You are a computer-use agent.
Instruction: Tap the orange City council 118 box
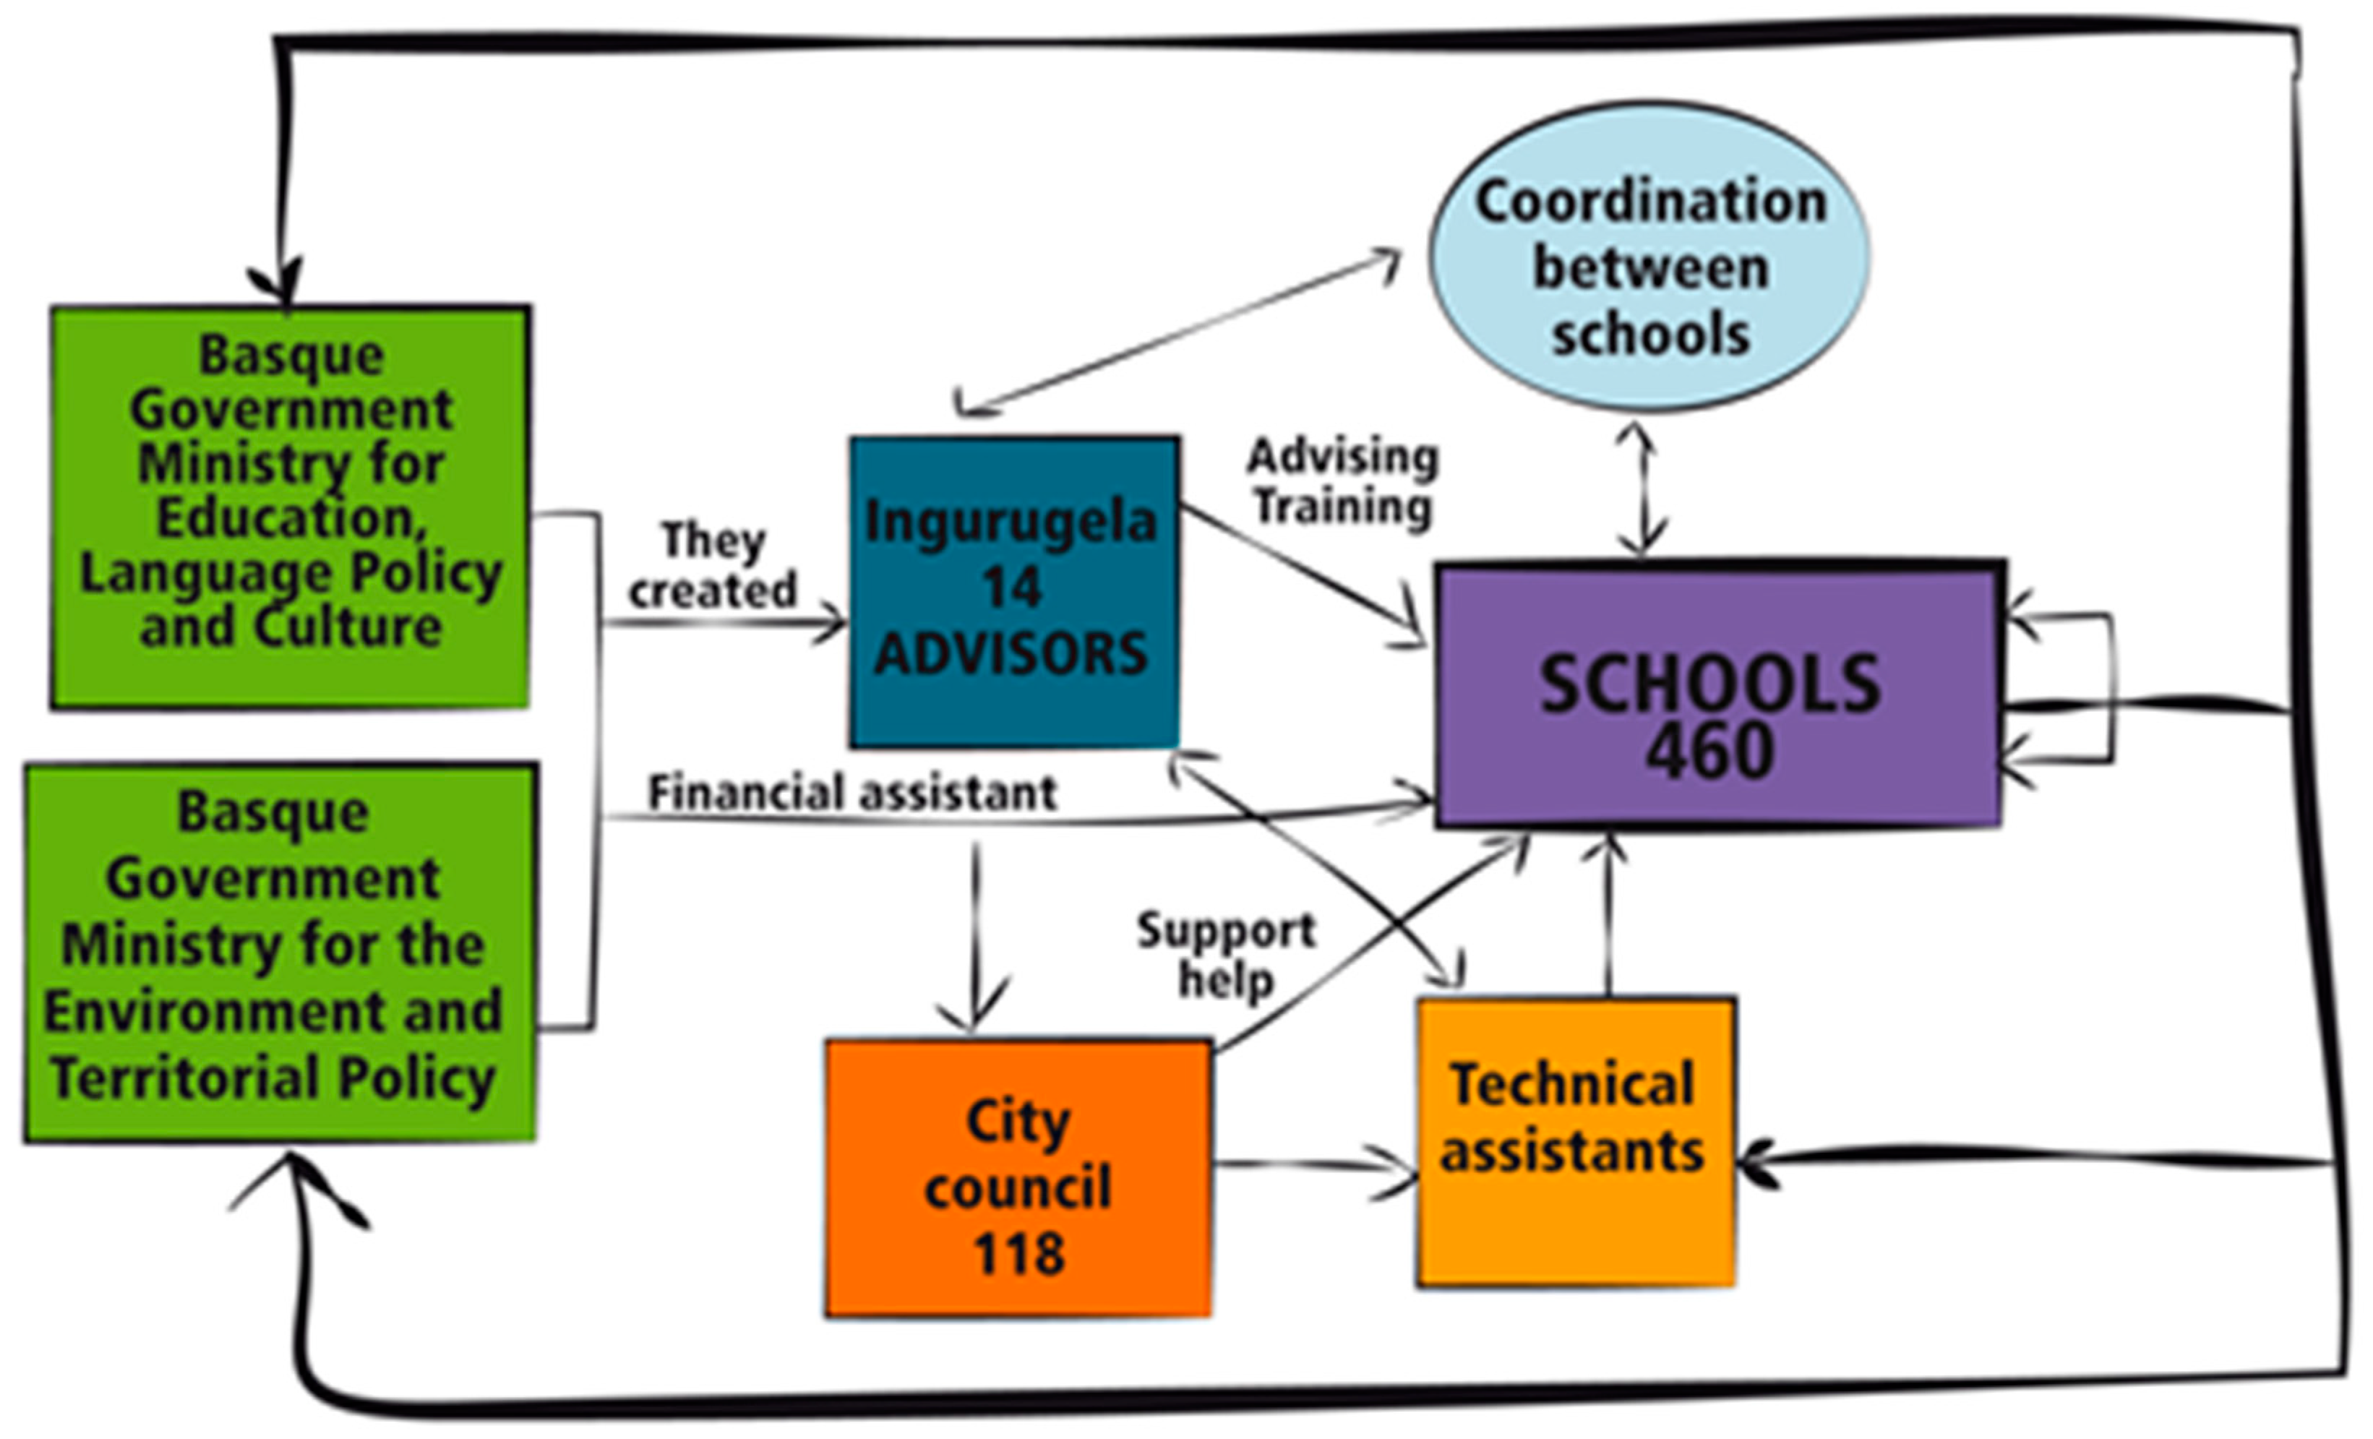click(1018, 1177)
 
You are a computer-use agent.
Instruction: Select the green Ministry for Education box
click(290, 507)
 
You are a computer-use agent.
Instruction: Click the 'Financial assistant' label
click(852, 794)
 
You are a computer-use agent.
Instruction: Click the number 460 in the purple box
click(1709, 751)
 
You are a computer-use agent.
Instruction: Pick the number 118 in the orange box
click(1018, 1253)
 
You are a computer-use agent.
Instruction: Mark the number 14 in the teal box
click(1011, 587)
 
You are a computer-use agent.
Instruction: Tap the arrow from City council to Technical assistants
click(1315, 1166)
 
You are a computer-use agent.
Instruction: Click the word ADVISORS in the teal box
click(1011, 654)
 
